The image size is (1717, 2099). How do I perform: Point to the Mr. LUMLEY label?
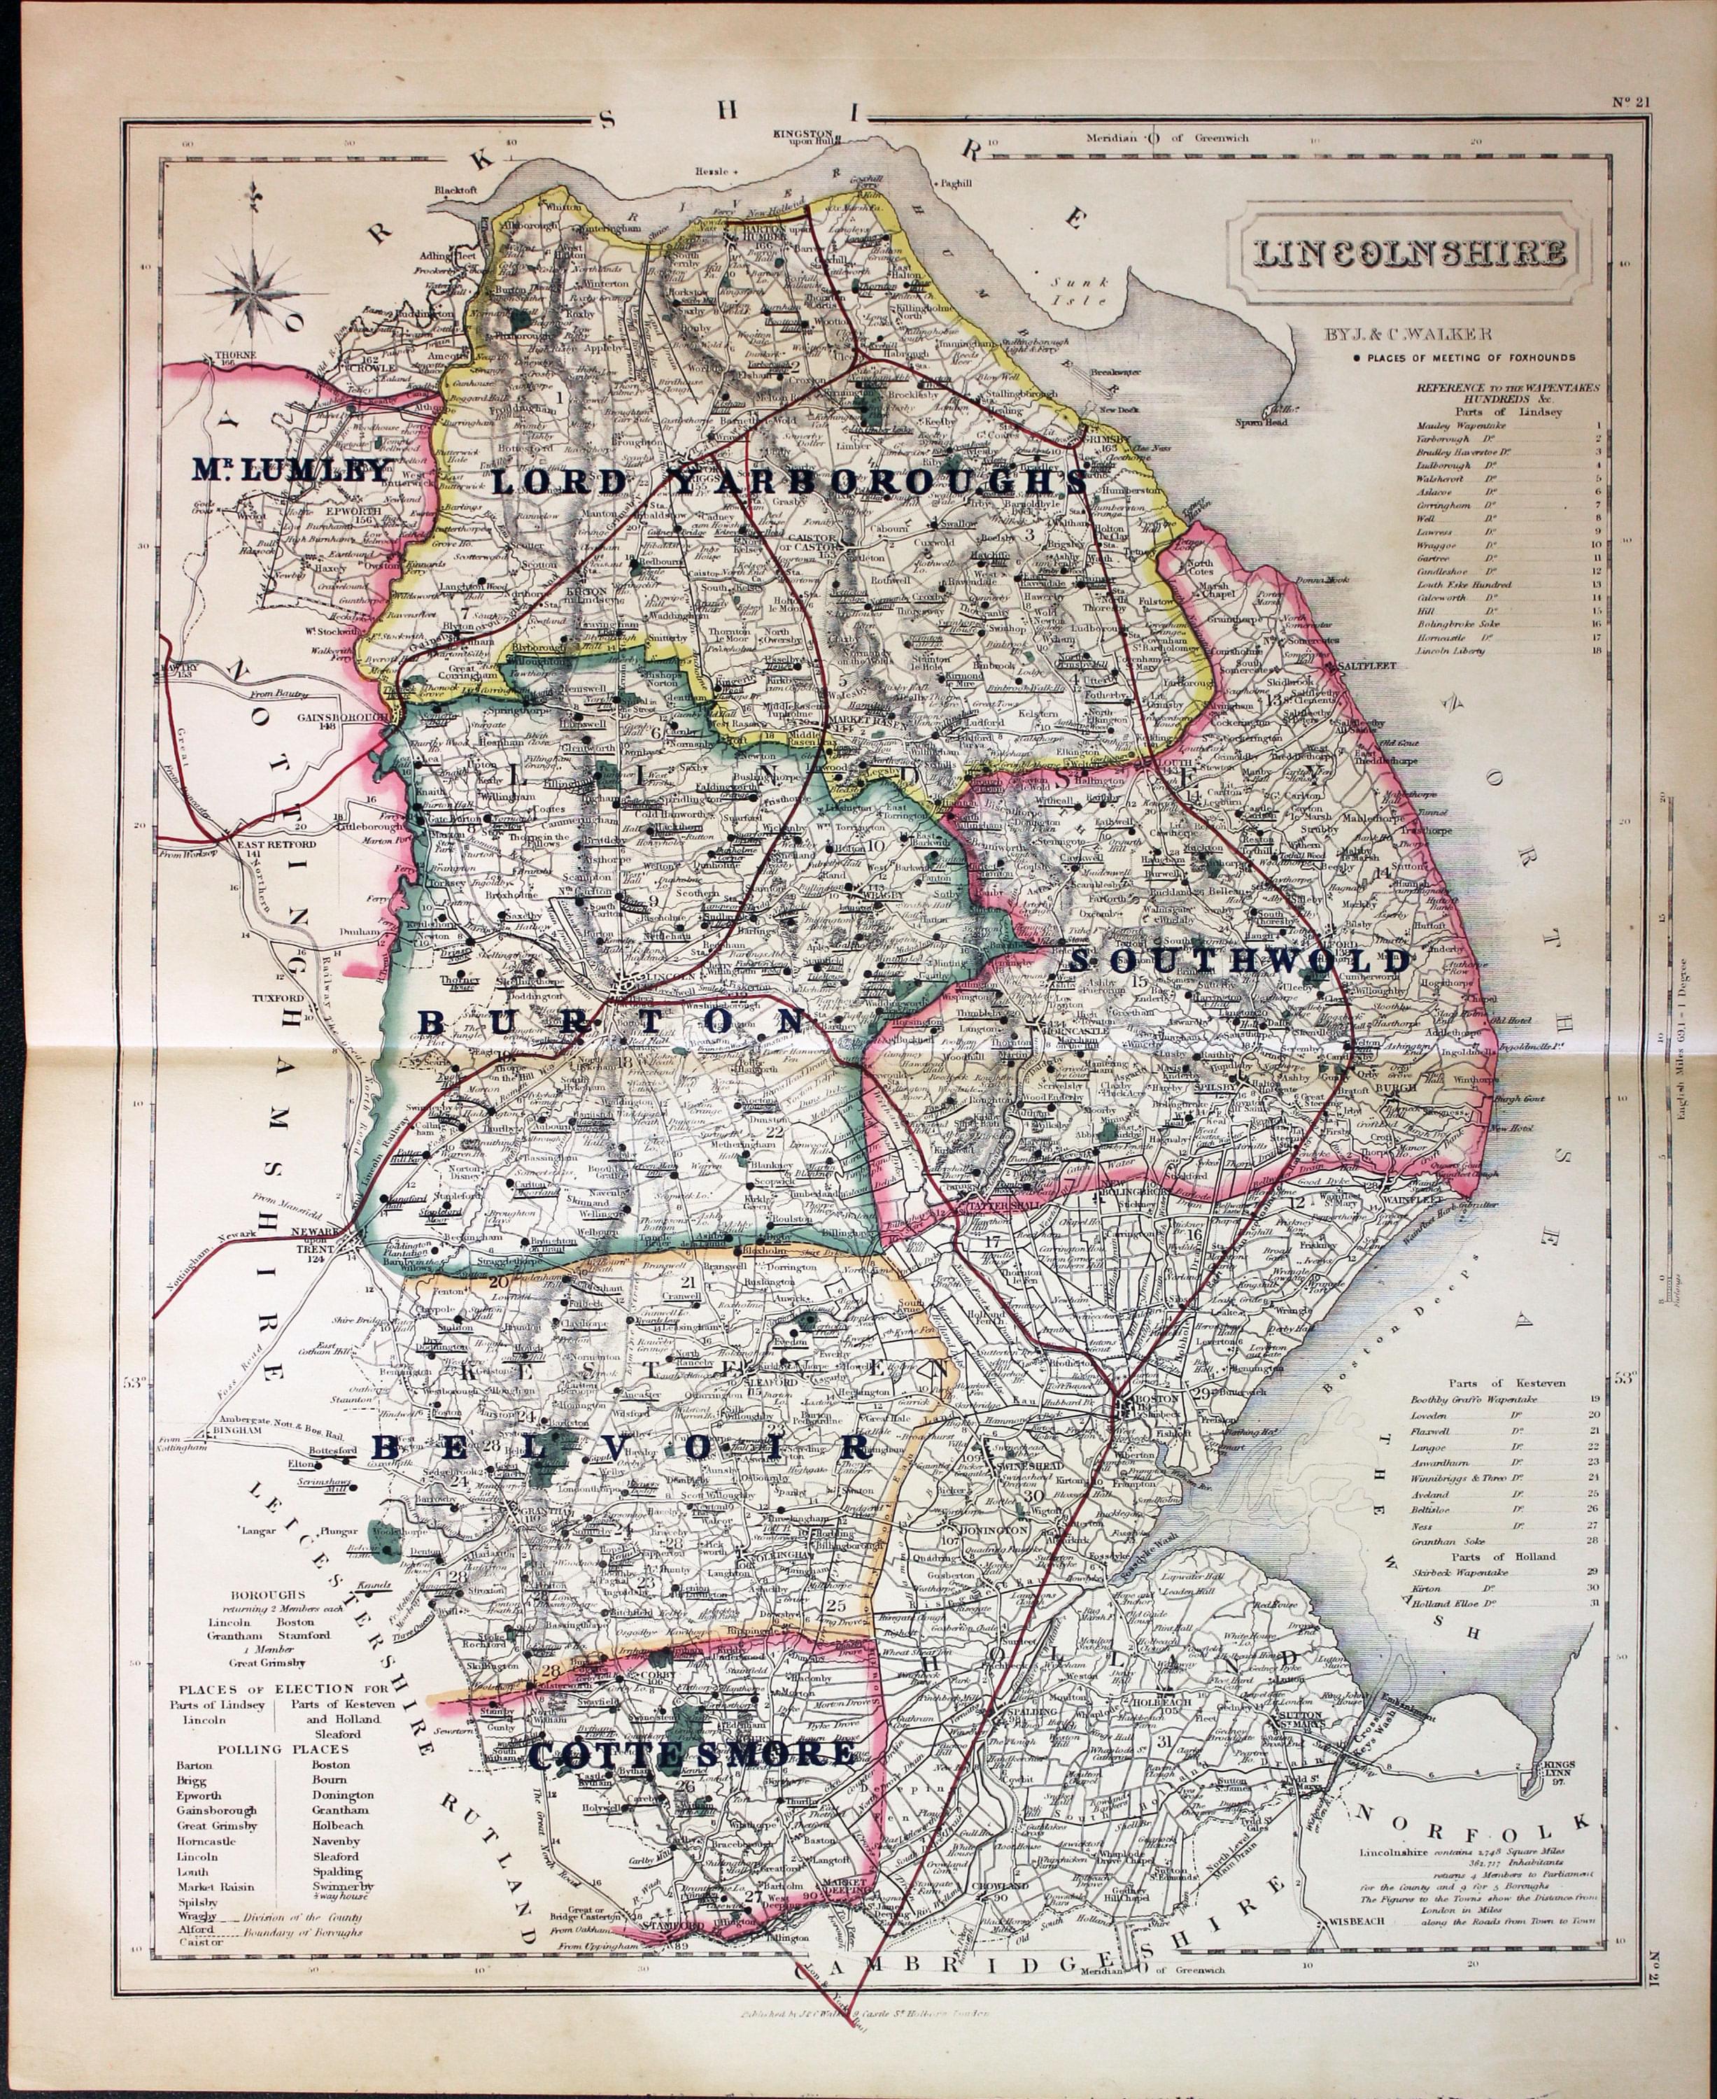pos(291,472)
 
